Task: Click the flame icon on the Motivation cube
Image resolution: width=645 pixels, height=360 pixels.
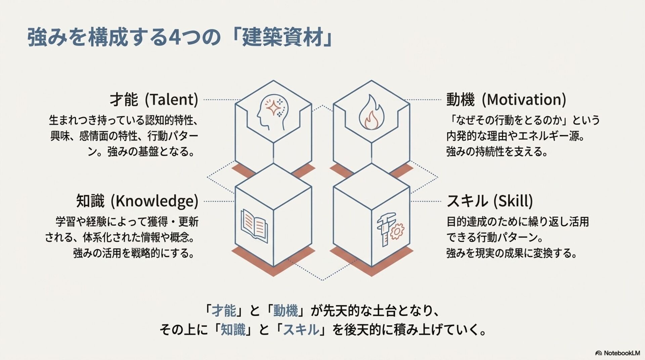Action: pos(371,113)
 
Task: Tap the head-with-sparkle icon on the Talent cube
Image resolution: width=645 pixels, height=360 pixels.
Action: pos(272,113)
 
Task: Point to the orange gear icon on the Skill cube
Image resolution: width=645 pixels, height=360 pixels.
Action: pos(397,231)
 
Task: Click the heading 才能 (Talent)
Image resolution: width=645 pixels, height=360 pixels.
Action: pos(154,100)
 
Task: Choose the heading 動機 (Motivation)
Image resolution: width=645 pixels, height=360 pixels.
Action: pos(506,100)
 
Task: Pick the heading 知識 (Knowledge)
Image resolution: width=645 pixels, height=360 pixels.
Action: pos(137,201)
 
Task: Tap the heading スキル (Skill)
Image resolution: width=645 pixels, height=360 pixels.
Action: pos(489,201)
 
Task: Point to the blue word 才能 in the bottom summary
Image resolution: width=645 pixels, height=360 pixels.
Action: pos(224,311)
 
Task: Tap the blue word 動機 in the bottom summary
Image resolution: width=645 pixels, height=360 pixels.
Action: pos(286,311)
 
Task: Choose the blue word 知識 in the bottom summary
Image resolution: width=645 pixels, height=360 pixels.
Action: pos(233,330)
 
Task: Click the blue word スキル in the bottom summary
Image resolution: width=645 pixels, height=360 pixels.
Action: pos(301,330)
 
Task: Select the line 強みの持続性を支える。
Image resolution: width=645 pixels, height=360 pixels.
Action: pos(497,152)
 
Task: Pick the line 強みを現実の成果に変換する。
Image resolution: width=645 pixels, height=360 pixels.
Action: pos(512,253)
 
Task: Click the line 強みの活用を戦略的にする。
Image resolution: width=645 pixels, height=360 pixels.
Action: pos(134,253)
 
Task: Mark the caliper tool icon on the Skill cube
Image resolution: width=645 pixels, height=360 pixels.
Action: pos(384,229)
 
